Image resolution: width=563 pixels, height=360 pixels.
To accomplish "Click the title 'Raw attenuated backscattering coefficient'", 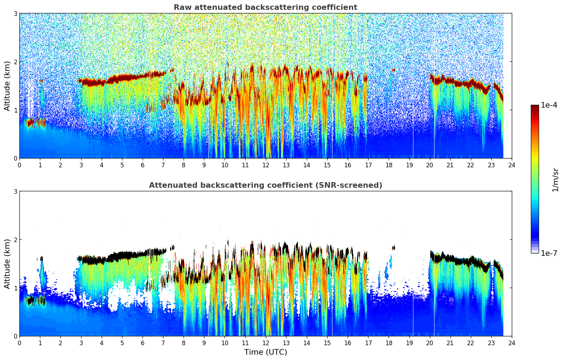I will [265, 7].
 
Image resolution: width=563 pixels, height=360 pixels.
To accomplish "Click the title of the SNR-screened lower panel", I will [265, 185].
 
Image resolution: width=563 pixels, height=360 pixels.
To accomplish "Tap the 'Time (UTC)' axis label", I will [265, 352].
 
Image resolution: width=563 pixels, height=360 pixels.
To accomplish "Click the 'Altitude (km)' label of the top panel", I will [7, 86].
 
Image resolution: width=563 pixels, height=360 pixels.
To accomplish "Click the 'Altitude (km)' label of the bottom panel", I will [7, 264].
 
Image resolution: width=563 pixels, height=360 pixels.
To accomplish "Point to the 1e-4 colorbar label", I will [549, 105].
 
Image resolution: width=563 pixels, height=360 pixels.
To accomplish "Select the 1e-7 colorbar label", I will [549, 253].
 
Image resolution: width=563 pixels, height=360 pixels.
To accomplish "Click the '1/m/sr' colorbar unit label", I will [555, 180].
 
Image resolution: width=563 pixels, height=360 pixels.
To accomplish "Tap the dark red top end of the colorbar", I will [535, 107].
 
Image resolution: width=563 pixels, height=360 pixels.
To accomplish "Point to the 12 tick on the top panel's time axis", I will [265, 165].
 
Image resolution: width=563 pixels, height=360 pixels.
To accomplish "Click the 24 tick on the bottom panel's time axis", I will [512, 343].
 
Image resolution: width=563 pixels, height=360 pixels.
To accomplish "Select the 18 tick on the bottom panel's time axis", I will [389, 343].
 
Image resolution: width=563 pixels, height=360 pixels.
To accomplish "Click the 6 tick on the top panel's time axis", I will [143, 165].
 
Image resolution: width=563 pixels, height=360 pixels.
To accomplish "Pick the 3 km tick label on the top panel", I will [15, 13].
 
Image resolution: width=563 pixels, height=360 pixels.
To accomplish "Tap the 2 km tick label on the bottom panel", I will [15, 240].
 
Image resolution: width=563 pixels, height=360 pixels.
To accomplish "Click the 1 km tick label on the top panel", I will [15, 110].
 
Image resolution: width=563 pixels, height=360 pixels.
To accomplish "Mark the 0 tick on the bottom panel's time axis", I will [19, 343].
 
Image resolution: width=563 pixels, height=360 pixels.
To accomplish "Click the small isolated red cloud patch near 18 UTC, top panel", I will [394, 70].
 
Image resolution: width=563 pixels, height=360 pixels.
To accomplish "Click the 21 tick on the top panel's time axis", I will [450, 165].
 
